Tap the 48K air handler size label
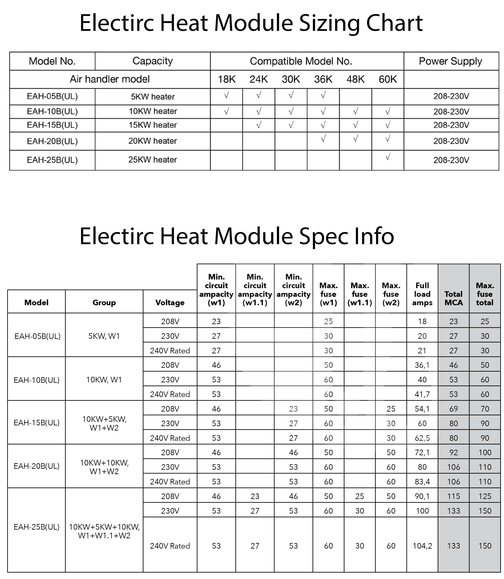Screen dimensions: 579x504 (355, 79)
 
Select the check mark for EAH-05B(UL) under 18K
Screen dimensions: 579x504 (226, 96)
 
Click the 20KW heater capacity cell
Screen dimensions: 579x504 (152, 141)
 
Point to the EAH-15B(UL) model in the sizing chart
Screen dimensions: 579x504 (52, 125)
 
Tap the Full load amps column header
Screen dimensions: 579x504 (422, 294)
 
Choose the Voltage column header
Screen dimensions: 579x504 (170, 303)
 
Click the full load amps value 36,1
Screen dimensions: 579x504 (422, 365)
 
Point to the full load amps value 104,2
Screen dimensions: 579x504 (422, 546)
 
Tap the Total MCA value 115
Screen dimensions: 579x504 (453, 496)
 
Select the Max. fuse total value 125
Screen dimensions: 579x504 (485, 496)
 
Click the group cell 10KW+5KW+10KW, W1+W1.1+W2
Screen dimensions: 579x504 (104, 531)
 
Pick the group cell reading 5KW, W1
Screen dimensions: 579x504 (104, 336)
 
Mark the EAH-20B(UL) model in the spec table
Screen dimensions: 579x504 (37, 466)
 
